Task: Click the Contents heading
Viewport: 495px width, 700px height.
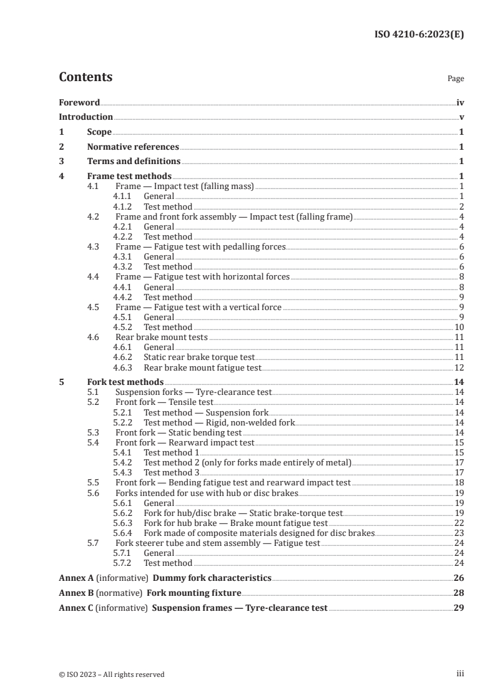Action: coord(86,77)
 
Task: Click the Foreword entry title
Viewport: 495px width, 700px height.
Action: coord(79,102)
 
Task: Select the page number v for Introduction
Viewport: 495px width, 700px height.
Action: coord(461,117)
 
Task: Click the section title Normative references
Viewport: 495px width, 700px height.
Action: coord(133,147)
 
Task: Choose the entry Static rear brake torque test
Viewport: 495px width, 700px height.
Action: coord(199,357)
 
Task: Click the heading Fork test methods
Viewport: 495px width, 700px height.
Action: coord(125,382)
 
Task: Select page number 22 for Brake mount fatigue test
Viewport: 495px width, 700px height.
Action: coord(459,523)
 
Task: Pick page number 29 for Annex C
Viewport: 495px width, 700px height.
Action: coord(458,607)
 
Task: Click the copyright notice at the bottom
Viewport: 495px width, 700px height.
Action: coord(112,674)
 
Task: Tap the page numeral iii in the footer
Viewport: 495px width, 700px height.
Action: coord(460,674)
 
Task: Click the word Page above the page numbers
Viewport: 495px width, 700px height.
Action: coord(456,79)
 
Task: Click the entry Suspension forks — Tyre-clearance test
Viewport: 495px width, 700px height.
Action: coord(194,392)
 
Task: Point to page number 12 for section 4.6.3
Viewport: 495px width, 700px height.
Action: coord(459,367)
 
